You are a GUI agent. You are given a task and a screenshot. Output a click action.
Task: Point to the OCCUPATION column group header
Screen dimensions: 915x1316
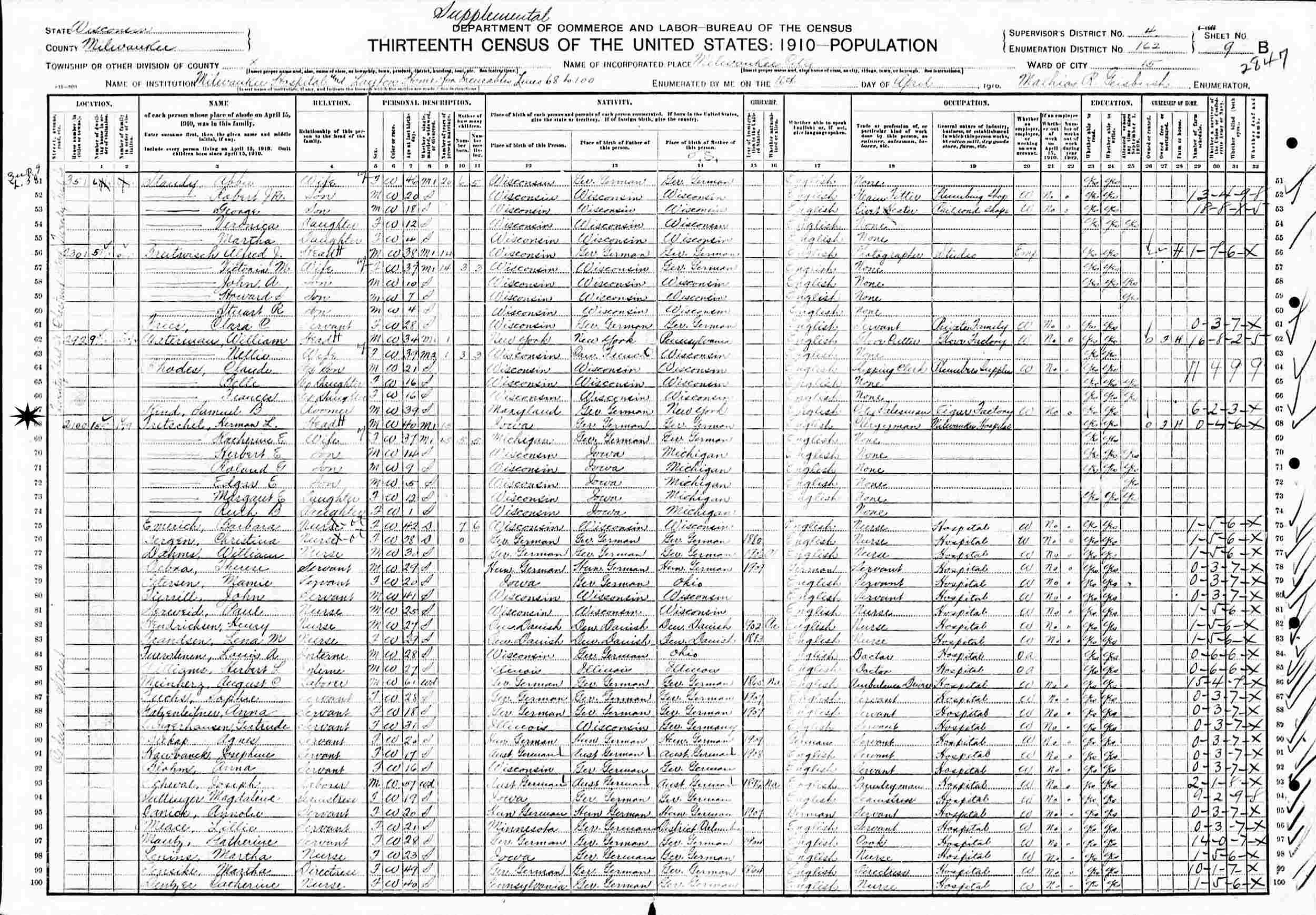click(966, 103)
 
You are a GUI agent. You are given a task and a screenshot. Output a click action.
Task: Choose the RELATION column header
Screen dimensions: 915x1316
click(332, 103)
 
